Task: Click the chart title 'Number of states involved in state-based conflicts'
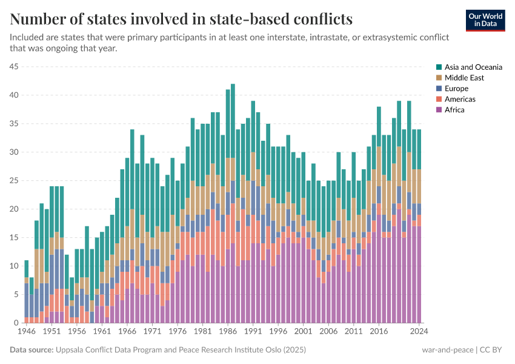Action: pos(181,19)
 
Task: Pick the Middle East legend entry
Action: pos(463,78)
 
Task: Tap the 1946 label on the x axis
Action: pos(26,332)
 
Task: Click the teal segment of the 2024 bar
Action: pos(419,149)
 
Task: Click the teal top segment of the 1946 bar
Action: pos(26,269)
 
